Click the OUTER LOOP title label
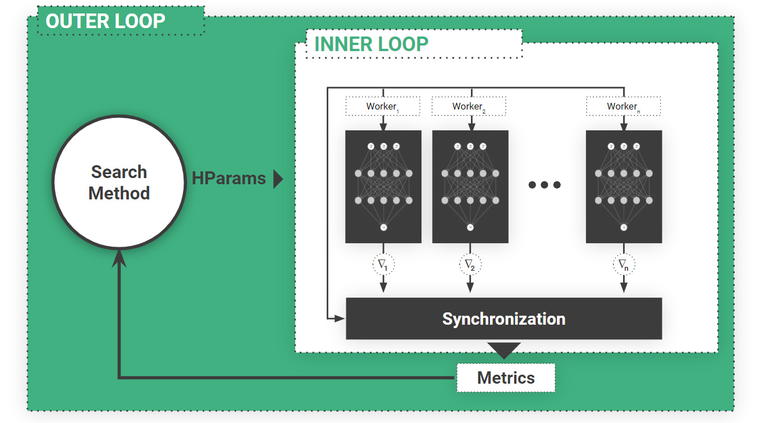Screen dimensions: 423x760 click(106, 21)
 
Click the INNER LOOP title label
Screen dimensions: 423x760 click(372, 44)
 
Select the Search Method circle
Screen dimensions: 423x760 click(119, 183)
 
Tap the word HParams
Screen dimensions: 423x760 click(228, 179)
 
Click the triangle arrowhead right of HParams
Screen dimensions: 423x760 click(277, 179)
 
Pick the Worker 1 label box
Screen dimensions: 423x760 click(383, 106)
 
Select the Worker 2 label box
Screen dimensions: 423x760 click(469, 106)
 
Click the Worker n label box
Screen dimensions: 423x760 click(623, 106)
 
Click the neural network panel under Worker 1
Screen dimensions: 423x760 click(383, 187)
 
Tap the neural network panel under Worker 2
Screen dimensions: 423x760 click(470, 187)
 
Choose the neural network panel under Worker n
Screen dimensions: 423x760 click(624, 187)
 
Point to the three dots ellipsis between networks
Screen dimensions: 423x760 click(544, 184)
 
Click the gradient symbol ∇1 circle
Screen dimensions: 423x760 click(383, 264)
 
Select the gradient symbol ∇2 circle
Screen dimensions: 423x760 click(470, 264)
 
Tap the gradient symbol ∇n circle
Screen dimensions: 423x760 click(624, 264)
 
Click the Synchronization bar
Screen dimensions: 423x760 click(503, 319)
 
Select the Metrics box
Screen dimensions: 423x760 click(506, 377)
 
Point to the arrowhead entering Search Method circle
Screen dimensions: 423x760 click(119, 258)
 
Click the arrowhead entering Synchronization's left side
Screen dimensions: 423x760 click(340, 319)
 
